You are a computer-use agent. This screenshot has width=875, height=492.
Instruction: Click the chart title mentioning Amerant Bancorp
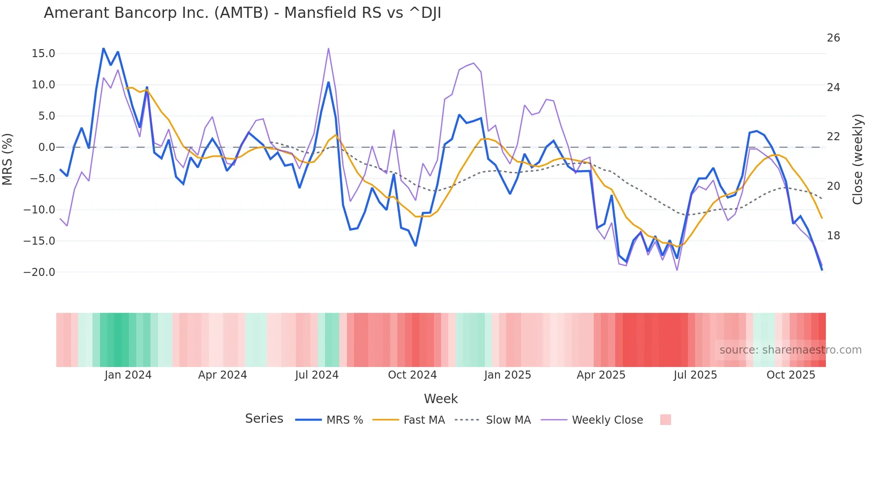(x=242, y=13)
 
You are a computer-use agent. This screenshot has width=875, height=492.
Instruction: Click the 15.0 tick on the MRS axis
(x=43, y=54)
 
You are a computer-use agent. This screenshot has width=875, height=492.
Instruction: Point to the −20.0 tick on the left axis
(x=39, y=272)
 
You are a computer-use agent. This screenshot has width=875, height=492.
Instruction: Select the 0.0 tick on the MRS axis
(x=46, y=147)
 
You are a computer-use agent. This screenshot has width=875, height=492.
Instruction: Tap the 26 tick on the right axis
(x=833, y=38)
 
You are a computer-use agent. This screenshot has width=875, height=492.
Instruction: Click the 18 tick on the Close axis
(x=833, y=236)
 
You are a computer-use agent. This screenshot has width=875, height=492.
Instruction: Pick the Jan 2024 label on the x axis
(x=128, y=375)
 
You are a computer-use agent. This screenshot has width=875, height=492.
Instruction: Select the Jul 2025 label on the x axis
(x=695, y=375)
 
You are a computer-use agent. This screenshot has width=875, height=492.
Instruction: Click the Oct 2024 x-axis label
(x=412, y=375)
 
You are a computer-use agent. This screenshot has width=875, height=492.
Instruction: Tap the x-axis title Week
(x=441, y=399)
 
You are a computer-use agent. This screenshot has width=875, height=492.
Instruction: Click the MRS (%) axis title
(x=8, y=159)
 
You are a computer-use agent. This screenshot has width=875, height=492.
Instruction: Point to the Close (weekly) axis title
(x=857, y=159)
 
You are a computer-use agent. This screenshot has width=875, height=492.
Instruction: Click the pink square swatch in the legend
(x=665, y=420)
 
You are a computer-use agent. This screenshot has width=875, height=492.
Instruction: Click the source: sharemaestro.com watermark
(x=790, y=350)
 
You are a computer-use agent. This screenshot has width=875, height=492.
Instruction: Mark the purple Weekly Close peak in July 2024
(x=329, y=48)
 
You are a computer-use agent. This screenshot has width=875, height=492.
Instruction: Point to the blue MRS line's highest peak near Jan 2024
(x=104, y=48)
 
